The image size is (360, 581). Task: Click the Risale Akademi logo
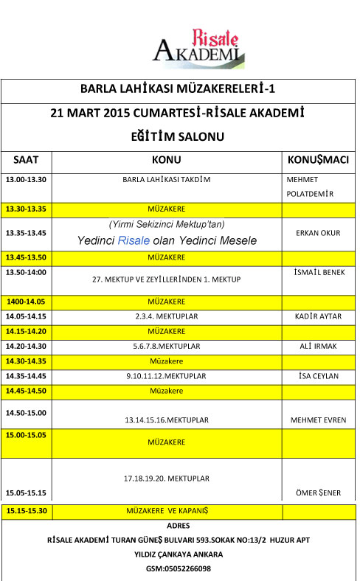click(197, 45)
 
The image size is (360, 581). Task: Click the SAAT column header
click(27, 160)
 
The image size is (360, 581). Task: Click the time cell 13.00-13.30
click(26, 180)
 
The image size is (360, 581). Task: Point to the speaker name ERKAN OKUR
click(317, 233)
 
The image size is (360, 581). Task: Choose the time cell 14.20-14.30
click(26, 346)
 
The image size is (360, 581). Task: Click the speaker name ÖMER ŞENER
click(319, 493)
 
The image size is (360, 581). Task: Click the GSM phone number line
click(179, 568)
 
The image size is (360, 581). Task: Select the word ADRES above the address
click(179, 526)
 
